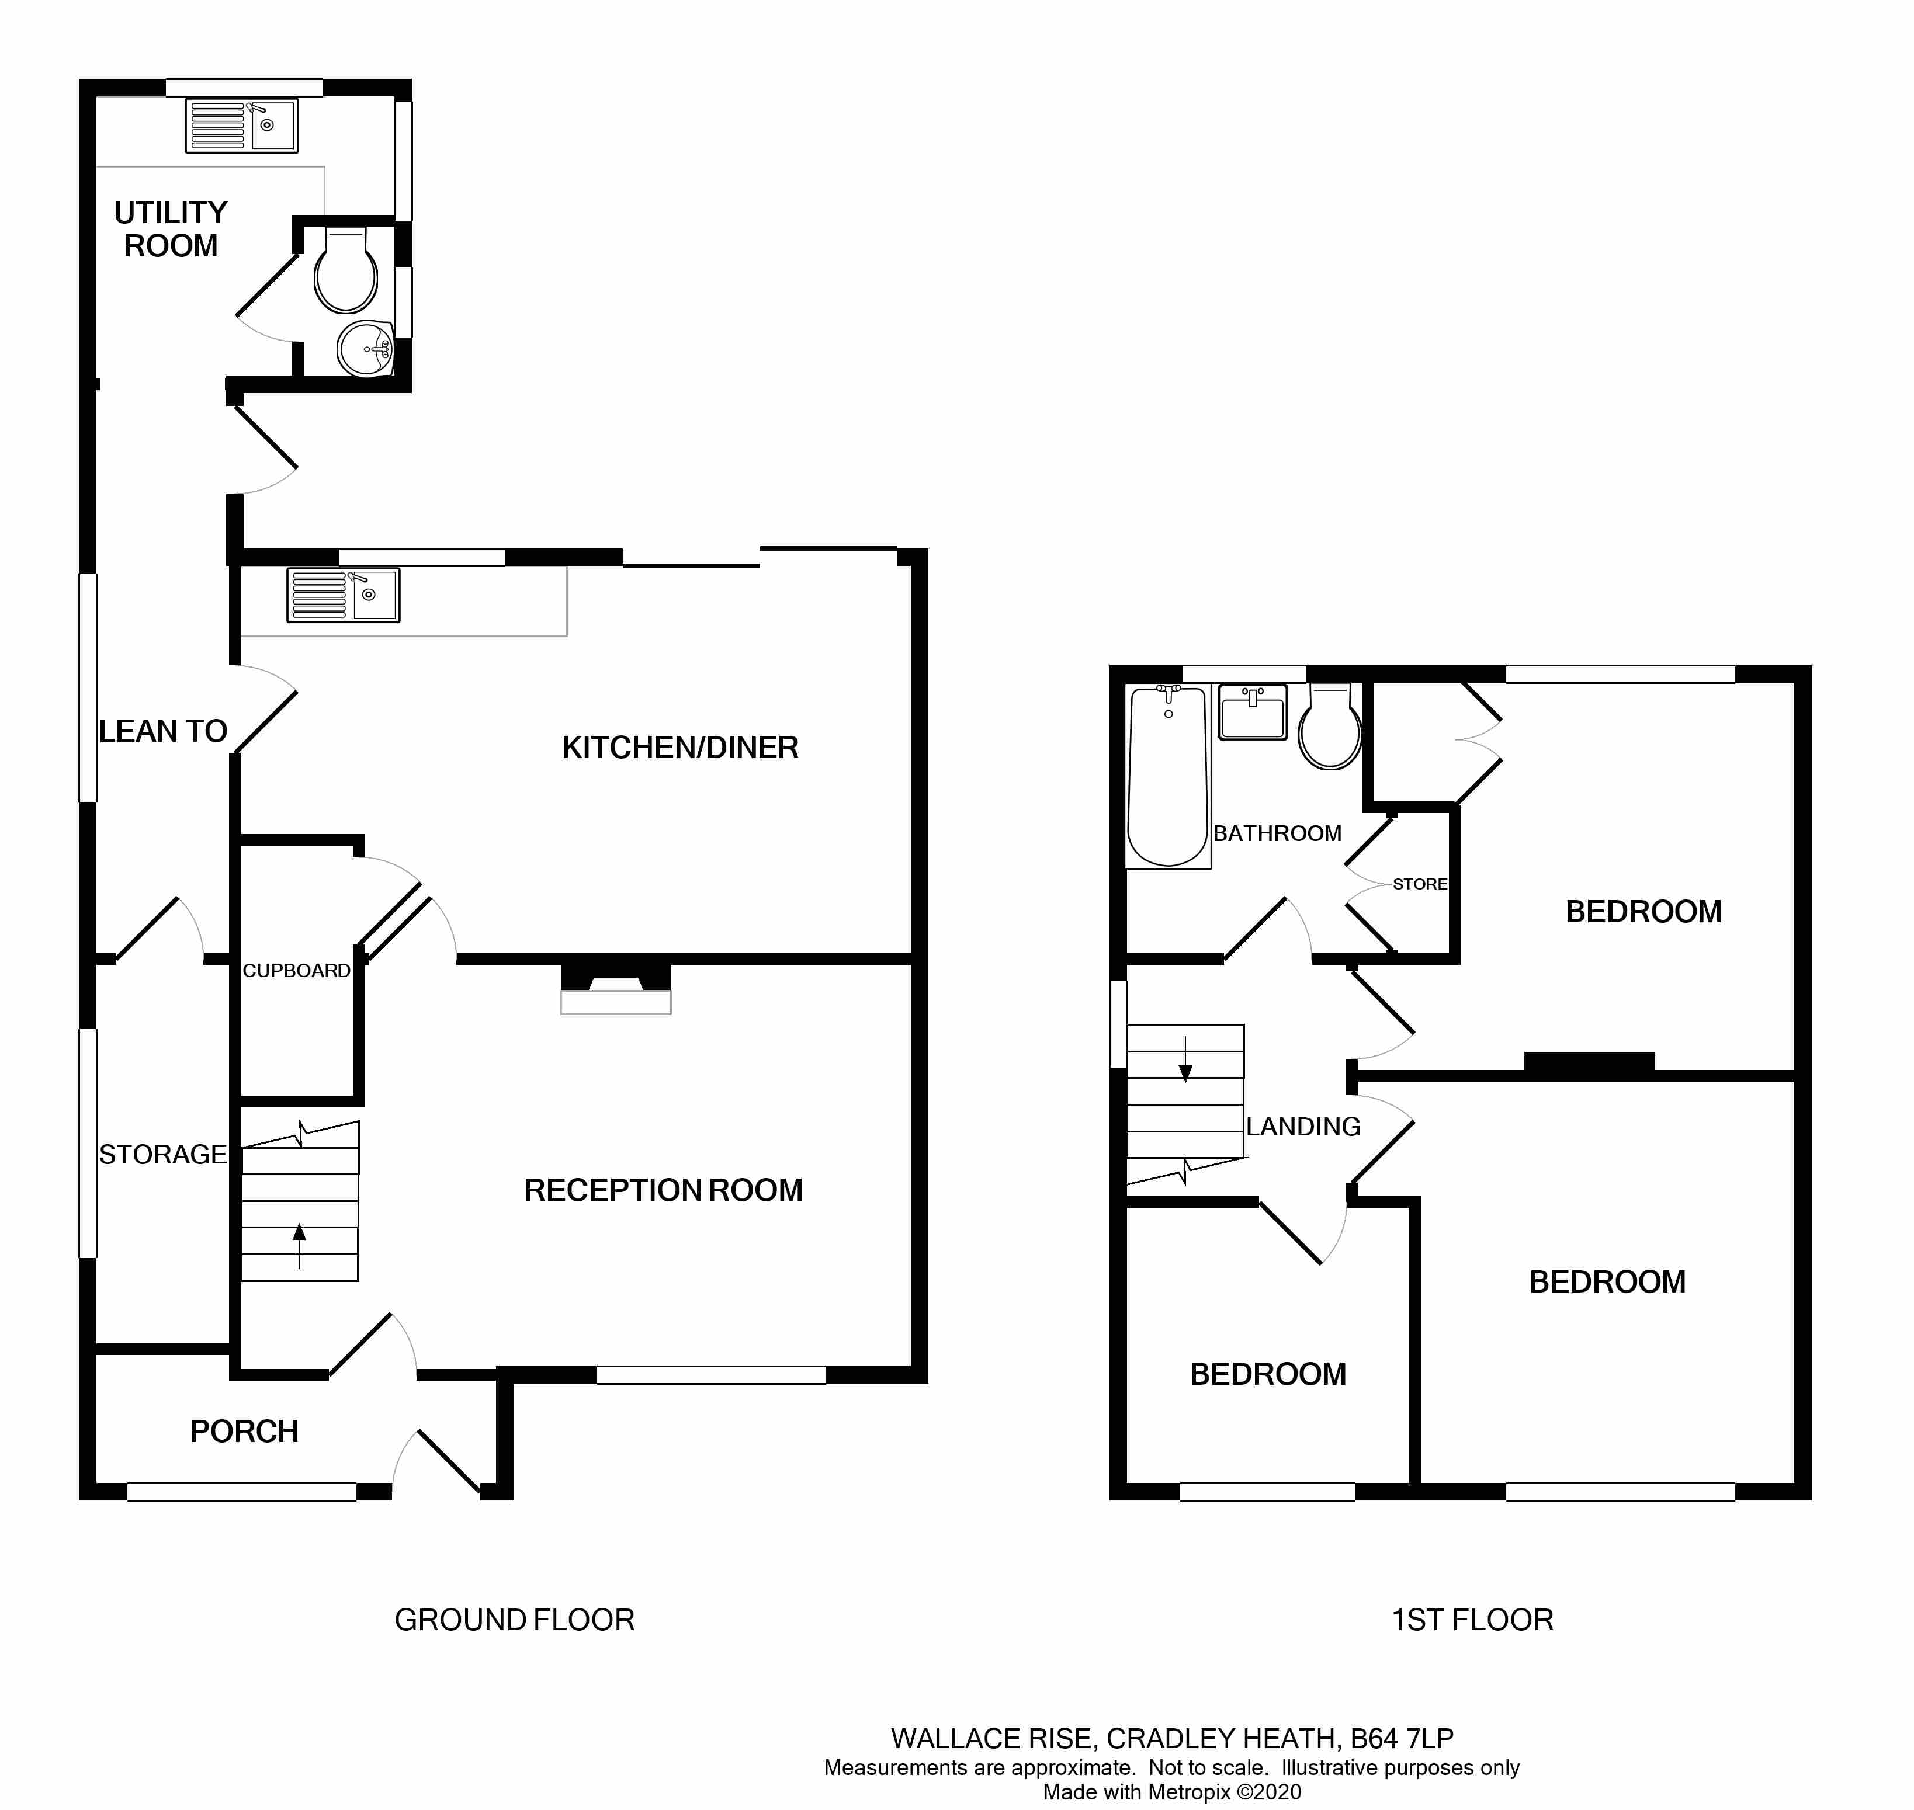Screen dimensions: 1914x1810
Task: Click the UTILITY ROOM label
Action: pyautogui.click(x=171, y=229)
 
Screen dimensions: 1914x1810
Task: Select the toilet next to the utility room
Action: pyautogui.click(x=345, y=269)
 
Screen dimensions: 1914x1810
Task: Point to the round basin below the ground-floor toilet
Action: pyautogui.click(x=366, y=348)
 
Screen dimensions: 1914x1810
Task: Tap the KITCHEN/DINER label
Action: pyautogui.click(x=681, y=748)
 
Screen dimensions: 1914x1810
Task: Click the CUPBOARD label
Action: pyautogui.click(x=296, y=971)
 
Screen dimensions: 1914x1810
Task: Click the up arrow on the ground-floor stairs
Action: pyautogui.click(x=299, y=1246)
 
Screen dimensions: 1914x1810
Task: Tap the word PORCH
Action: pyautogui.click(x=244, y=1432)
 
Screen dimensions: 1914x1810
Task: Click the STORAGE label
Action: pyautogui.click(x=163, y=1154)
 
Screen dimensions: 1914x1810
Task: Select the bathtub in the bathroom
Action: pyautogui.click(x=1168, y=776)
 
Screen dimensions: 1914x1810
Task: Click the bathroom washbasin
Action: pyautogui.click(x=1253, y=712)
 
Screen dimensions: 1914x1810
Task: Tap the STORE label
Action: pyautogui.click(x=1420, y=884)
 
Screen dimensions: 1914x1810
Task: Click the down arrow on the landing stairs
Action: pyautogui.click(x=1185, y=1058)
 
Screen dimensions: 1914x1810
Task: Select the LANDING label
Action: pyautogui.click(x=1303, y=1127)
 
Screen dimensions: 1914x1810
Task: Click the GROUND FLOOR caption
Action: pyautogui.click(x=515, y=1620)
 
